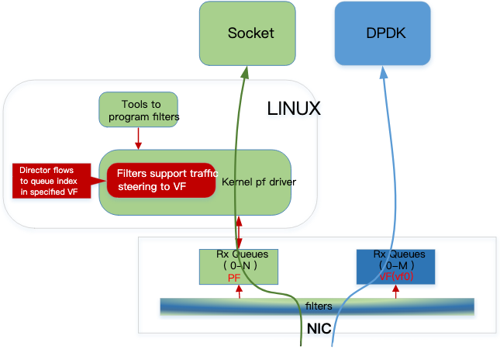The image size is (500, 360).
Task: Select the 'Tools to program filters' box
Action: point(140,110)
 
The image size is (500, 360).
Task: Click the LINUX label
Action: point(294,109)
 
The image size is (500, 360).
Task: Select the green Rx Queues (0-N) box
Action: point(238,265)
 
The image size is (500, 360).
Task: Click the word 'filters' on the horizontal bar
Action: point(318,306)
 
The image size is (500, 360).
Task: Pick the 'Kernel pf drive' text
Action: point(256,182)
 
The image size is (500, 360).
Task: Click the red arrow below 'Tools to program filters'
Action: point(139,138)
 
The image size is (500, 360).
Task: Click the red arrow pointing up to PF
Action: point(240,291)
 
